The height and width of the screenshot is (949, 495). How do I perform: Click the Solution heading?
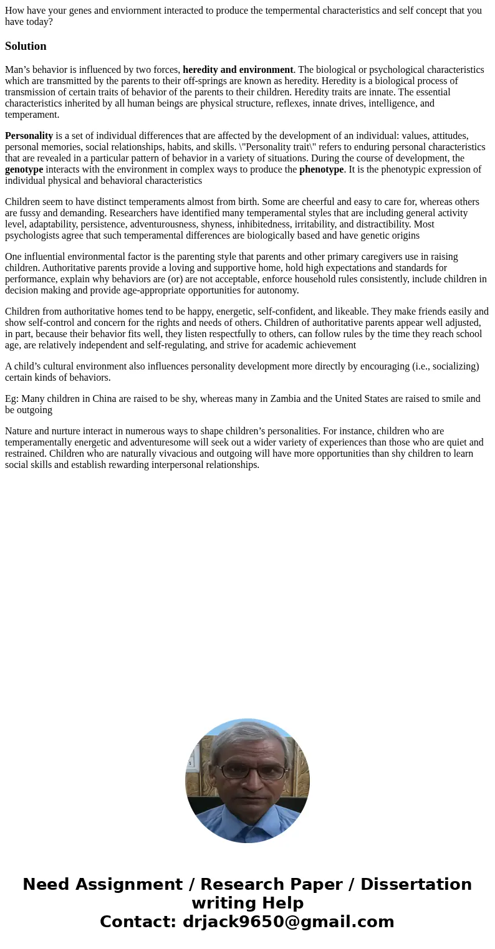click(x=26, y=46)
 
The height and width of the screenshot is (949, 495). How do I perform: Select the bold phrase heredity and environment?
click(x=238, y=70)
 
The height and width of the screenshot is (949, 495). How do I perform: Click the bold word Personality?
click(x=29, y=136)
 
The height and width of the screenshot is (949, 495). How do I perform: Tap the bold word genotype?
click(x=24, y=169)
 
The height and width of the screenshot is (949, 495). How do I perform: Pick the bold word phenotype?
click(x=321, y=169)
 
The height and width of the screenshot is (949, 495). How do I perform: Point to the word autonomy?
click(x=279, y=290)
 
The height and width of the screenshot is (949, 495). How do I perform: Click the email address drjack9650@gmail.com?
click(x=288, y=922)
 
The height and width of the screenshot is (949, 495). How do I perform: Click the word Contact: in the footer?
click(x=138, y=922)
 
